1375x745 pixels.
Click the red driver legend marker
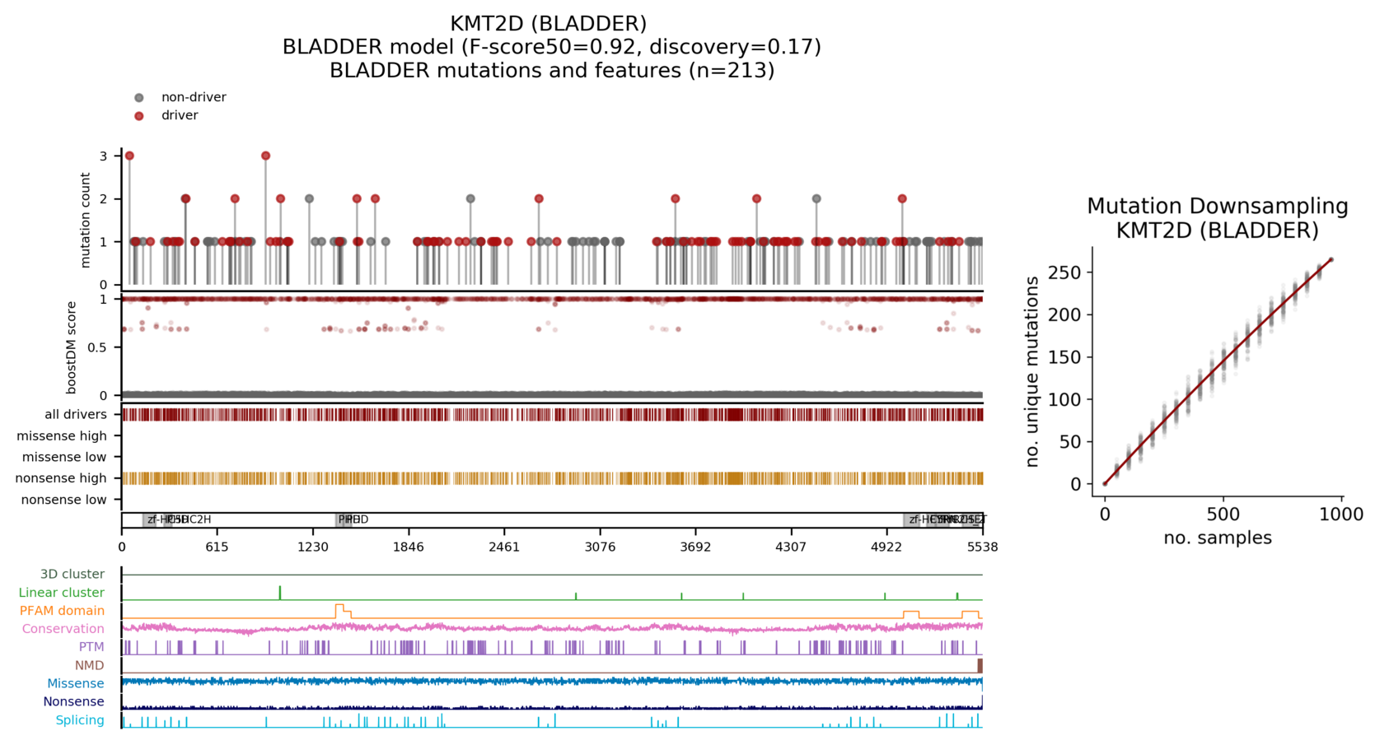pos(138,116)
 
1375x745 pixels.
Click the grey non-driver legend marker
pos(138,98)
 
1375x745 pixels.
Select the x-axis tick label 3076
pos(600,547)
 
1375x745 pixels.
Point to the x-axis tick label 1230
pos(313,547)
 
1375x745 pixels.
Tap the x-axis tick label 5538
pos(982,547)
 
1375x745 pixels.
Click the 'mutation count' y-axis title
pos(86,220)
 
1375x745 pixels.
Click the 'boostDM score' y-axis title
pos(72,347)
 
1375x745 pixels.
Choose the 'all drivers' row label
pos(75,415)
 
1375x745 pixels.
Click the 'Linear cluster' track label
pos(61,593)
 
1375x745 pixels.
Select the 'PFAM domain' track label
pos(62,611)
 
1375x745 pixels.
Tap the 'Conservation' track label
pos(63,629)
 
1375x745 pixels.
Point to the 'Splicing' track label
pos(80,720)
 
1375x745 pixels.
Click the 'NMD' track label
pos(89,665)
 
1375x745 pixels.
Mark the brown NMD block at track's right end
pos(980,666)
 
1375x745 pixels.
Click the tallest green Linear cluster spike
pos(280,592)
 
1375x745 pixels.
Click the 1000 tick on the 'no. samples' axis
pos(1341,515)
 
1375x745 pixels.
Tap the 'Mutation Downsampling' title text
pos(1217,207)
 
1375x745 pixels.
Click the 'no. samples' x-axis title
pos(1217,538)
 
